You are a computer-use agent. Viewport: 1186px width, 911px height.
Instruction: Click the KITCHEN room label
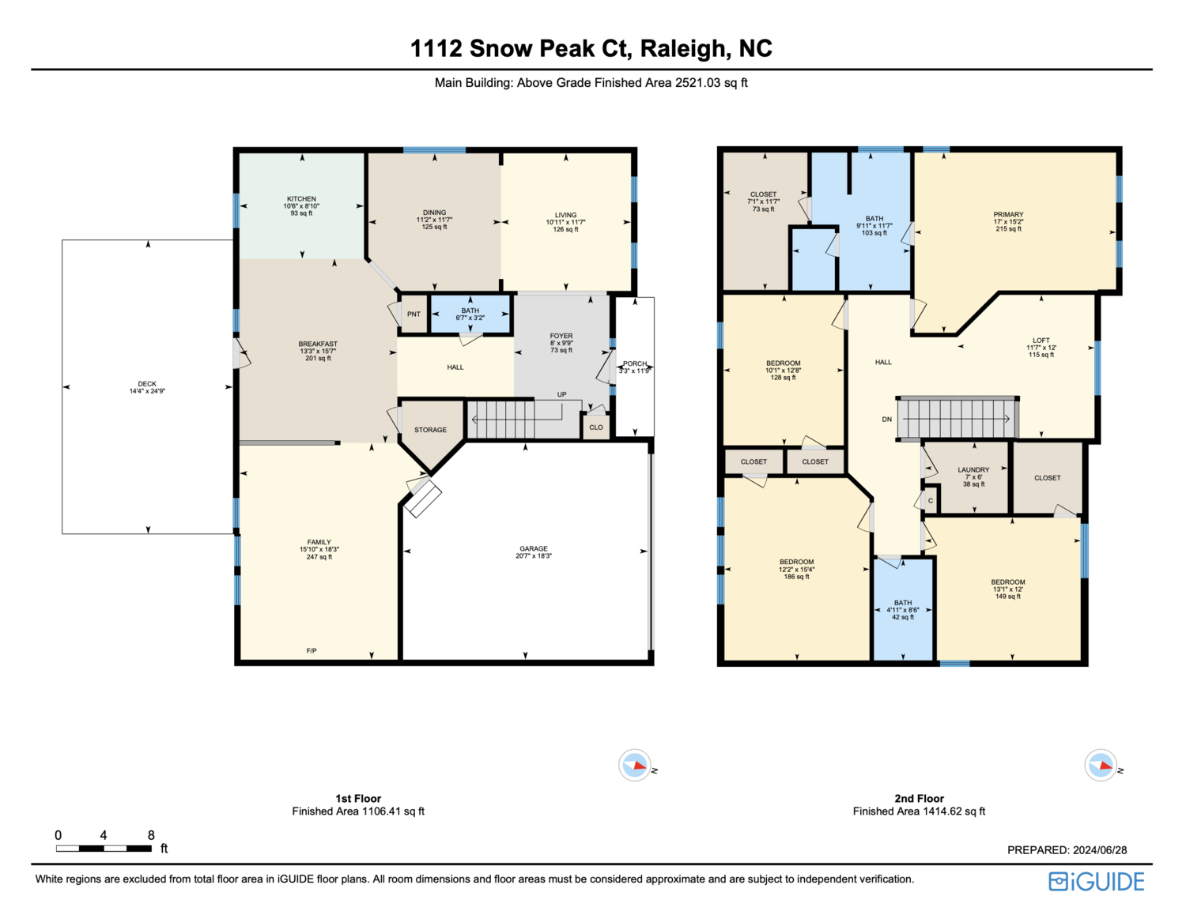301,199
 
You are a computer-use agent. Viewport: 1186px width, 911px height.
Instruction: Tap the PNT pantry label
414,314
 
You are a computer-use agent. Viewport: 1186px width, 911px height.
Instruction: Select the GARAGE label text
533,548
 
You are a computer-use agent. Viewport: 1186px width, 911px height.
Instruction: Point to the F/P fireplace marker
311,650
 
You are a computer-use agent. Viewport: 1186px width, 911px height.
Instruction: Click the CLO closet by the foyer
596,427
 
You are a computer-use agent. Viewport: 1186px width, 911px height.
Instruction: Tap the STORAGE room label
430,430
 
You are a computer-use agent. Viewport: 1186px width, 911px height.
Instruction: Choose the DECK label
147,384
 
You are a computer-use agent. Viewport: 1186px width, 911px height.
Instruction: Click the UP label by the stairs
561,394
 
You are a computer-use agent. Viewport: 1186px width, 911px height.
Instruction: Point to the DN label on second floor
887,420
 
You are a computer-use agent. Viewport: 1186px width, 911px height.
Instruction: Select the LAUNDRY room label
973,469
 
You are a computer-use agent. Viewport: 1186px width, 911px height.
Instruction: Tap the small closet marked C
931,500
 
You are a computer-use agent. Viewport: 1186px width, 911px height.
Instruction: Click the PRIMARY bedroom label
1008,214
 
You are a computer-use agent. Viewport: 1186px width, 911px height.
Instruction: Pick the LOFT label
1041,341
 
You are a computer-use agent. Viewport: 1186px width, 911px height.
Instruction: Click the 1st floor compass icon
635,765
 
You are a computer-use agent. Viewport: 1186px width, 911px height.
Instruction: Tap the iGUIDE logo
1097,882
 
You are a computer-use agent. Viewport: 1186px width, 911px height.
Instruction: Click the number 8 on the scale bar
151,835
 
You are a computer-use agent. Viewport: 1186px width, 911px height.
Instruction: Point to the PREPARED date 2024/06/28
1100,850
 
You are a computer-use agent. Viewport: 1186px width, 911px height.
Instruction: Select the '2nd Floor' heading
919,798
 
